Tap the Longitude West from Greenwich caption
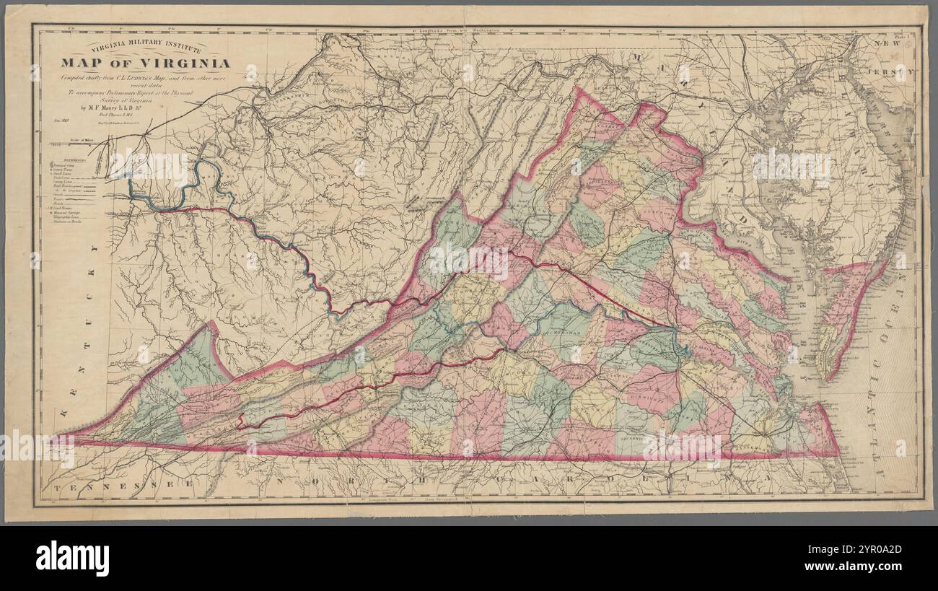418,499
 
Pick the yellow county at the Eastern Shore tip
826,346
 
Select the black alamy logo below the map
72,559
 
